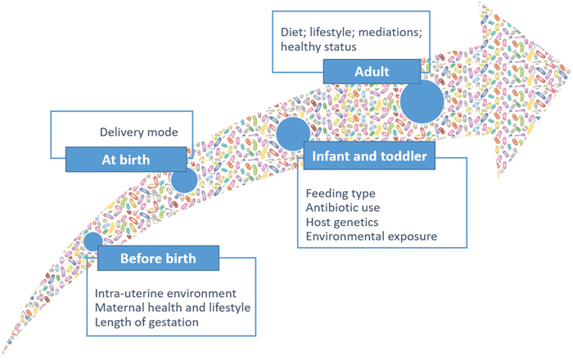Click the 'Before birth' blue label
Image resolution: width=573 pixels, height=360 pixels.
coord(158,259)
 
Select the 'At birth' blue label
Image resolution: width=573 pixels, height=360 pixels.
coord(124,159)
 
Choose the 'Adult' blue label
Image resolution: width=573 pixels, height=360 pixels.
coord(371,72)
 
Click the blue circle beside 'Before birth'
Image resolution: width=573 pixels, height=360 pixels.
coord(92,241)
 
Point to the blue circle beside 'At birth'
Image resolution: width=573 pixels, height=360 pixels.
coord(184,180)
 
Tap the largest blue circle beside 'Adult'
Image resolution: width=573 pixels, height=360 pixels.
coord(422,101)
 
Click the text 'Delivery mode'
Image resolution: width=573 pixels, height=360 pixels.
coord(139,131)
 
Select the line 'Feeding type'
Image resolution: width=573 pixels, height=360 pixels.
coord(341,194)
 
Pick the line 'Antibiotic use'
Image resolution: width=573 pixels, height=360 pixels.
coord(342,208)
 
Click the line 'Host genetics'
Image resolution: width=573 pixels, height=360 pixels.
coord(342,223)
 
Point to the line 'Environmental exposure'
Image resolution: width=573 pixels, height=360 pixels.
coord(371,237)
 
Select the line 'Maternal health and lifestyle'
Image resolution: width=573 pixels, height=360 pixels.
coord(172,307)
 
